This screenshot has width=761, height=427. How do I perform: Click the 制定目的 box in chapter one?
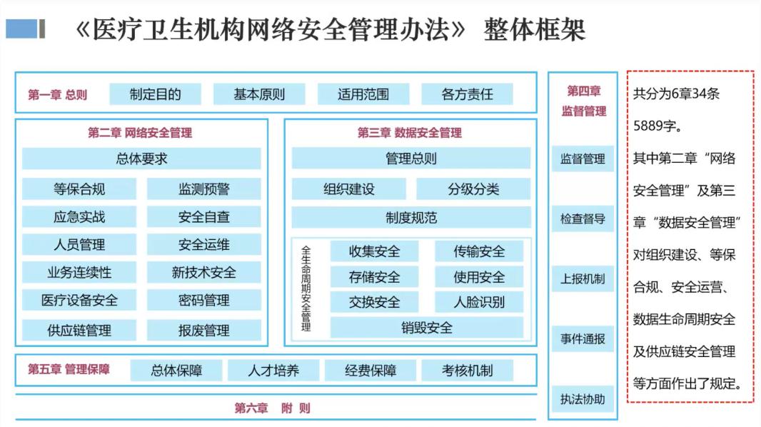tap(156, 94)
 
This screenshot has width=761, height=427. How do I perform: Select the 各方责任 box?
tap(467, 94)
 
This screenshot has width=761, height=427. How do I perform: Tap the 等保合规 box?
tap(79, 189)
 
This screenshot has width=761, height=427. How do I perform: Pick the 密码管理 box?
tap(204, 301)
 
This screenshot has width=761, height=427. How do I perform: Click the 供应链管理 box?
tap(79, 331)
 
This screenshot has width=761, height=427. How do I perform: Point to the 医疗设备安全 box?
tap(79, 301)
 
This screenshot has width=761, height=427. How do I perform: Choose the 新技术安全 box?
tap(204, 272)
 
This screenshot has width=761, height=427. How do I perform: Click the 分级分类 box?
tap(473, 189)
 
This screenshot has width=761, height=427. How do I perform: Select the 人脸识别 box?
tap(479, 302)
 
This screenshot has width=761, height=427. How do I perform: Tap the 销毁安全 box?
tap(427, 328)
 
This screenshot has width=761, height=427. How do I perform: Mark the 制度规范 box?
tap(411, 217)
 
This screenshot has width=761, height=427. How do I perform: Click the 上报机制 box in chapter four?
tap(583, 278)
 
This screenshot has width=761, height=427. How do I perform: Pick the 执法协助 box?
tap(583, 399)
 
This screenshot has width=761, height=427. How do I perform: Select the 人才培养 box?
tap(273, 370)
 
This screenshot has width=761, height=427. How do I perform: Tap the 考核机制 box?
tap(467, 370)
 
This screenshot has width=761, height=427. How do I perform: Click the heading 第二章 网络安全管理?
tap(140, 133)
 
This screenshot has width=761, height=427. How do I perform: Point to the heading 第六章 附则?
tap(272, 408)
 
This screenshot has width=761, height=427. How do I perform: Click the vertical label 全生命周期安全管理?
tap(306, 288)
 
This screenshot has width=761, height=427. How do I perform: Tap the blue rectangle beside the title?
tap(21, 29)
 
